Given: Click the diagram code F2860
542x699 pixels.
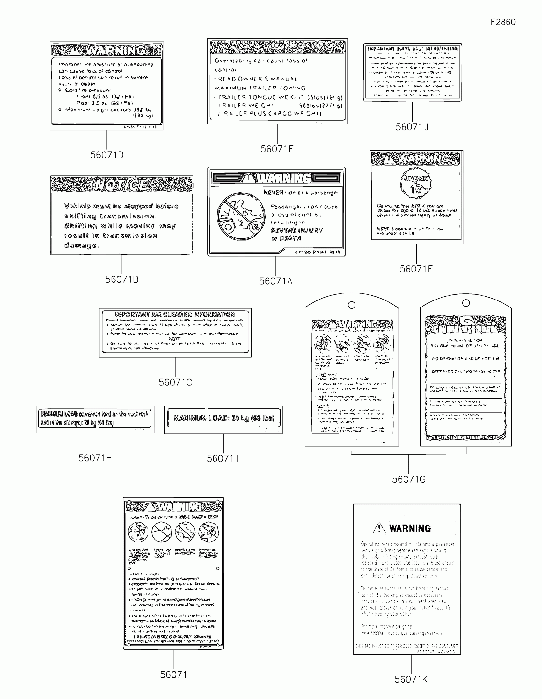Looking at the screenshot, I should [503, 22].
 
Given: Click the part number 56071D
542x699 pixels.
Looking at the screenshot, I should [107, 155].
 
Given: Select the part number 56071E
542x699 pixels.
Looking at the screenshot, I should [277, 149].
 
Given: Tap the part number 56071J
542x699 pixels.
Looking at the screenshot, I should [412, 127].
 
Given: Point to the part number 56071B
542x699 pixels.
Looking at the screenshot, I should [122, 279].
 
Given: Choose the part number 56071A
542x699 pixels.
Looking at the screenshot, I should [276, 281].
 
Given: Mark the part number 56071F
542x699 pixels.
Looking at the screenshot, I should [416, 269].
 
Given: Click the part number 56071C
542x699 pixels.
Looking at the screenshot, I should [175, 383].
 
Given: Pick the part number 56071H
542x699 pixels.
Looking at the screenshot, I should [95, 458].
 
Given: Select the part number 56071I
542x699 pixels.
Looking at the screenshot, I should [223, 459].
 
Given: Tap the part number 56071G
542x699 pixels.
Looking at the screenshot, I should [409, 479].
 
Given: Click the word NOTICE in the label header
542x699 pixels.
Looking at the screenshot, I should [122, 185].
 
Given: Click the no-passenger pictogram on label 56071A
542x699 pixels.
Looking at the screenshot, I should [241, 216].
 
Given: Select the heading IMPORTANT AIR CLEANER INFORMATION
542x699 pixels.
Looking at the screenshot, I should [175, 314].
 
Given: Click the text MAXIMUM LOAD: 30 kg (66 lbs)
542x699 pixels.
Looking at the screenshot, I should [224, 418].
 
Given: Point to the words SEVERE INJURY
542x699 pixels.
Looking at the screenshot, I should [297, 230].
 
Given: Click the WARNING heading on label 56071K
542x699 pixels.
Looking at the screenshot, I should [410, 529].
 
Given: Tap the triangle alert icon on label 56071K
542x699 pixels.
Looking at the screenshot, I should [379, 528].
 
